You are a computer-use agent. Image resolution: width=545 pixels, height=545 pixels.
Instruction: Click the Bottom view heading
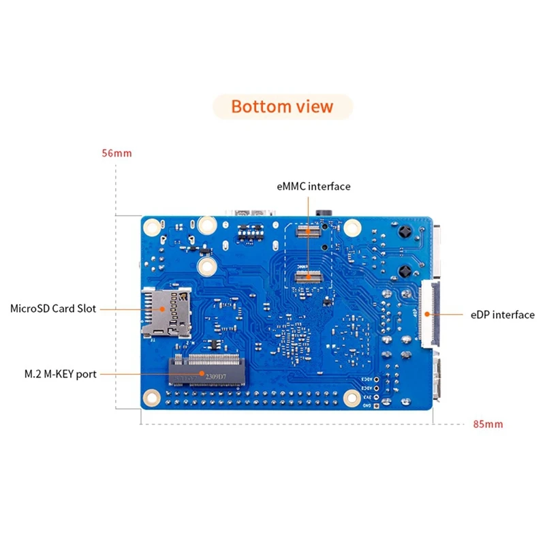pos(282,107)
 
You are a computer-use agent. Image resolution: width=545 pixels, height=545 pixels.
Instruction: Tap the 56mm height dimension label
pos(116,153)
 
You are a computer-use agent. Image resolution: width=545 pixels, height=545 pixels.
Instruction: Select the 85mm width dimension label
pos(488,424)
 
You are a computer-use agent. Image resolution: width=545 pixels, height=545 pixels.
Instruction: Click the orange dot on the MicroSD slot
pos(162,309)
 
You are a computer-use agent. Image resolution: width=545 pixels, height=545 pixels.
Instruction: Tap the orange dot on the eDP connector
pos(428,314)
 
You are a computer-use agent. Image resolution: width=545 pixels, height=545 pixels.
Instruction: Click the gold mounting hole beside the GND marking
pos(352,399)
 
